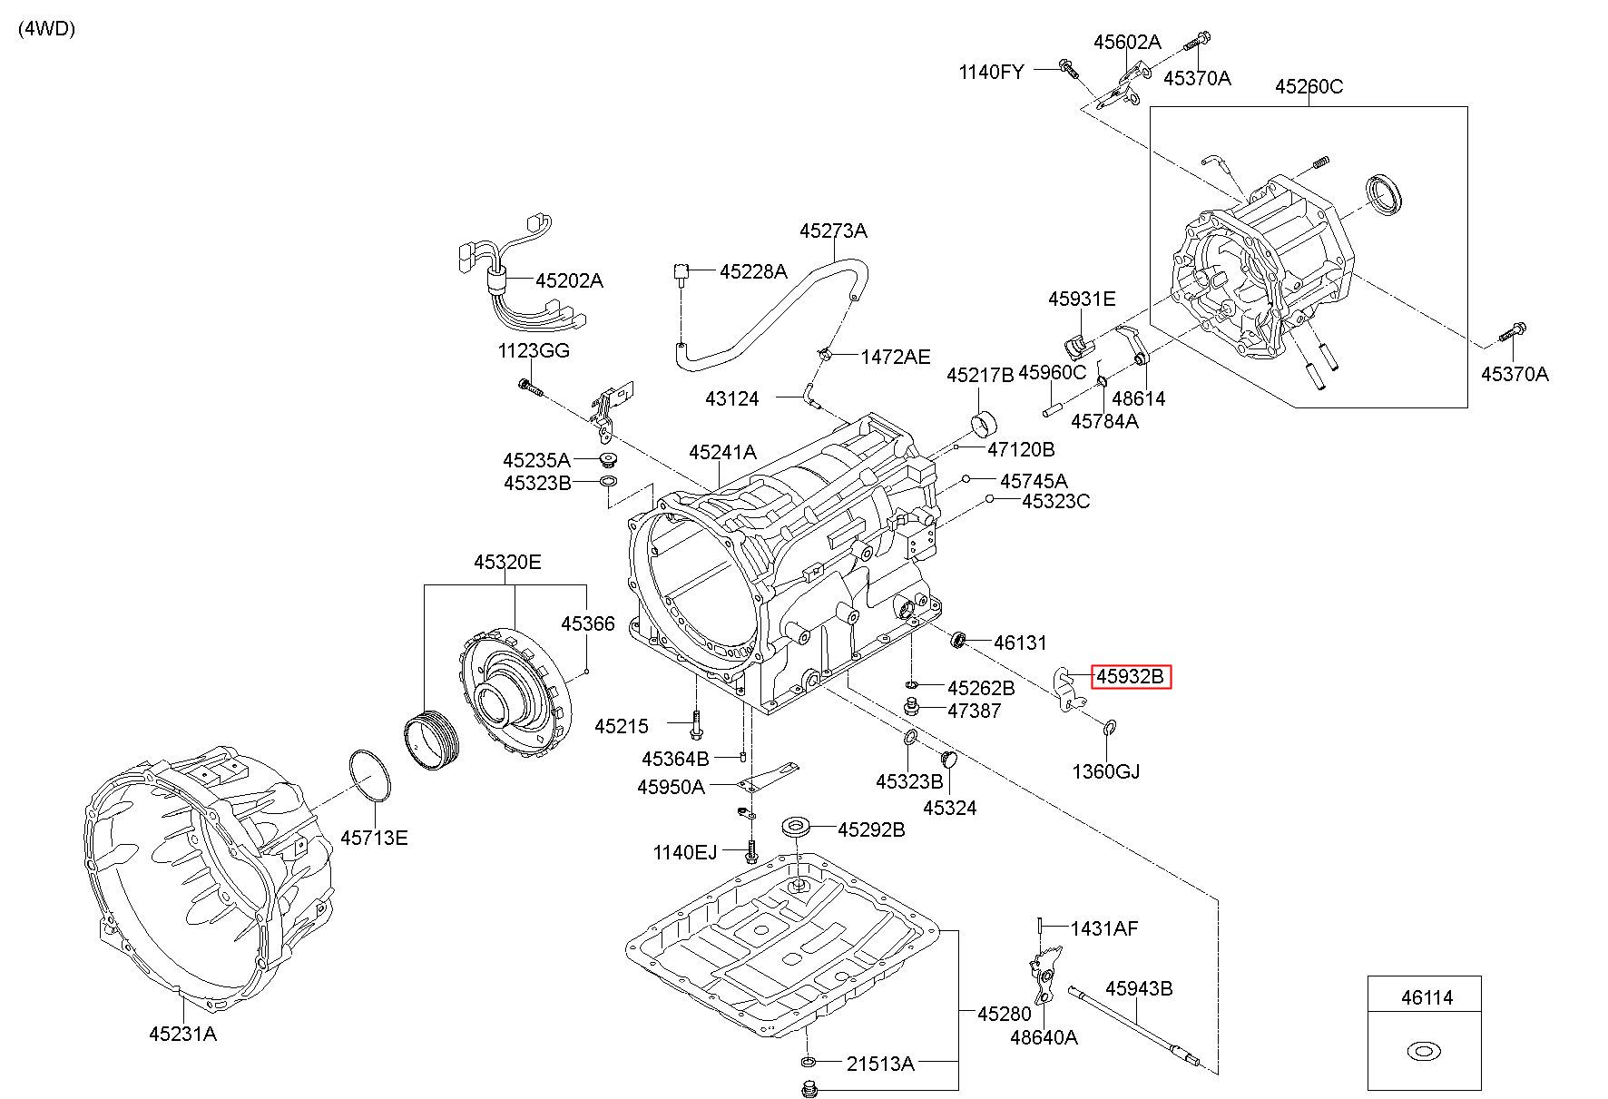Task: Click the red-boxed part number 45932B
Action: (x=1130, y=676)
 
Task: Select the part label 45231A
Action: (x=182, y=1033)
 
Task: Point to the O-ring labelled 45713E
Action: (x=370, y=776)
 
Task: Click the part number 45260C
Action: (x=1309, y=87)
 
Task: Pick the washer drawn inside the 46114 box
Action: (x=1424, y=1052)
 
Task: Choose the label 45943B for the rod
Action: (x=1138, y=988)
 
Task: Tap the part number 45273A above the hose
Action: (x=833, y=231)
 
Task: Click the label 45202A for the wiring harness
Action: (x=569, y=280)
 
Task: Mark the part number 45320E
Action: (x=507, y=563)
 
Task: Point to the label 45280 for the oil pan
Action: (x=1005, y=1014)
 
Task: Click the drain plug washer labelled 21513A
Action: (x=809, y=1062)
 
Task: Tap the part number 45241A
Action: (x=722, y=452)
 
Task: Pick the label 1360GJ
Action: (x=1106, y=771)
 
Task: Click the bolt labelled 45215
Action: (x=695, y=723)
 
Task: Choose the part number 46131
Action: (x=1020, y=643)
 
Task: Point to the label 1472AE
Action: (x=896, y=357)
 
